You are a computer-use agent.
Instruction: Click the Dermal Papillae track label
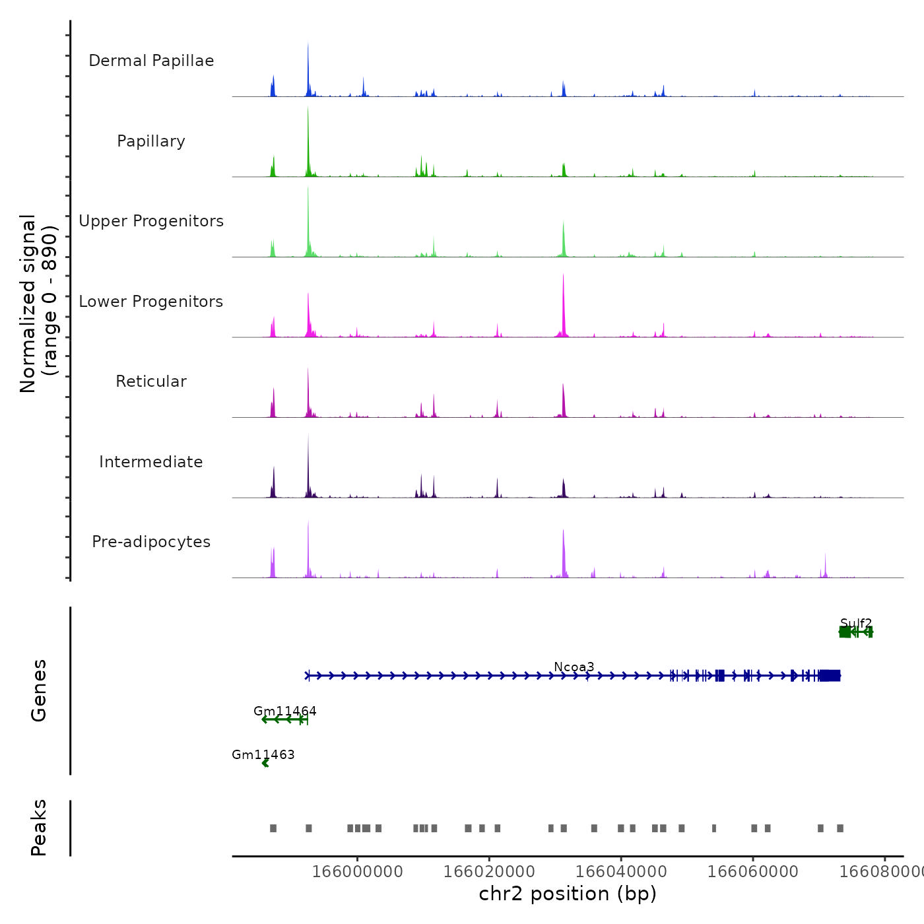coord(151,61)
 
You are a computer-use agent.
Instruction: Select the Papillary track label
coord(151,141)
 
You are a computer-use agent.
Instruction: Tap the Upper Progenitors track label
coord(151,221)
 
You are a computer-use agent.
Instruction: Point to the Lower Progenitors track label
coord(151,302)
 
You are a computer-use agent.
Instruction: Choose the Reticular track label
coord(151,381)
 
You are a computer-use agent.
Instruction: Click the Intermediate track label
coord(151,462)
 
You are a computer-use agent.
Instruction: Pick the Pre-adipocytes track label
coord(151,542)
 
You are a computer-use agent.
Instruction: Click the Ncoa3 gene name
coord(574,667)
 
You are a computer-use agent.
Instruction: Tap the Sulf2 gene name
coord(856,623)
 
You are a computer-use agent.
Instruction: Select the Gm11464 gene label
coord(285,711)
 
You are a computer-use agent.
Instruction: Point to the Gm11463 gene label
coord(263,754)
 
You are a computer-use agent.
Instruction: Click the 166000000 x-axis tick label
coord(357,872)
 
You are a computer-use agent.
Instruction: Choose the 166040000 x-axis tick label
coord(621,872)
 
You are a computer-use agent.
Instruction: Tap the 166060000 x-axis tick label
coord(753,872)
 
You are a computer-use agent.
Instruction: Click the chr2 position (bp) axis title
coord(568,894)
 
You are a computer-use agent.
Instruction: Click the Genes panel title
coord(38,690)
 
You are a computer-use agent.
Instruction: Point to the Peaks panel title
coord(38,828)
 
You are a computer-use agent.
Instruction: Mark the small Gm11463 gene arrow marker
coord(265,764)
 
